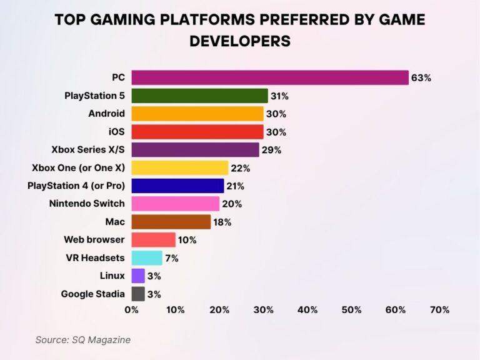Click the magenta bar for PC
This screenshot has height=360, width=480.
[269, 77]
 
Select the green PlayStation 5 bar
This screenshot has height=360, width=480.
[199, 96]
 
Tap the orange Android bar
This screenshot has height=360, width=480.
[197, 114]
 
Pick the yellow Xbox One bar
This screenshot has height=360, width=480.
[180, 168]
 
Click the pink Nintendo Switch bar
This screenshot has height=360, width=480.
[176, 204]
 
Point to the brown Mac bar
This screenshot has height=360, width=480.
[171, 222]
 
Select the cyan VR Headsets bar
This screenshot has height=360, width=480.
[147, 258]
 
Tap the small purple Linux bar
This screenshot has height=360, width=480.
[138, 276]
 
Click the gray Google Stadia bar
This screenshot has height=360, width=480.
[138, 294]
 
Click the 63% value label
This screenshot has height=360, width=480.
[421, 78]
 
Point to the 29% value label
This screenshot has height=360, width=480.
[271, 150]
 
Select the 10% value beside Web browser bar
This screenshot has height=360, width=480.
[187, 240]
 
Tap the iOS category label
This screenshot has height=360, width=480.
[116, 132]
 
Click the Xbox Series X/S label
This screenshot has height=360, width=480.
[88, 150]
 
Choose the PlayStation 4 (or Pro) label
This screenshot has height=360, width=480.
[76, 186]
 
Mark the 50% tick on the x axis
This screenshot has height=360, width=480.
[351, 309]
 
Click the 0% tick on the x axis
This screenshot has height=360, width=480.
[132, 309]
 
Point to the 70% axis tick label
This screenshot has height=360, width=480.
[439, 309]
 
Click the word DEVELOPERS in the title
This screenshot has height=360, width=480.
[240, 41]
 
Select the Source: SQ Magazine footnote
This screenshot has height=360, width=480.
[82, 339]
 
